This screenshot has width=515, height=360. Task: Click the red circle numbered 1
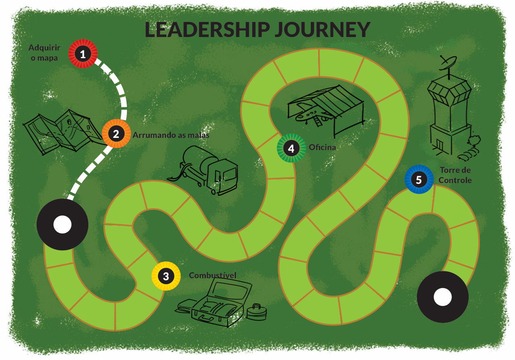click(83, 54)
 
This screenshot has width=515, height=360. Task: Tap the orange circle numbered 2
click(116, 133)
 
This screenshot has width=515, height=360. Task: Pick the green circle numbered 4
click(291, 148)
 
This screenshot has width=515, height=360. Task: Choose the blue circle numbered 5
click(419, 179)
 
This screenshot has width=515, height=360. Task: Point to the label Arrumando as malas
click(171, 135)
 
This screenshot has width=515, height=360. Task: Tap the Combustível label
click(212, 275)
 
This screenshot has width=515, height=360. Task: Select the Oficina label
click(322, 147)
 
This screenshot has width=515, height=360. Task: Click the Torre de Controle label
click(456, 175)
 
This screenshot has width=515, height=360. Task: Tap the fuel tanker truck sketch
click(205, 169)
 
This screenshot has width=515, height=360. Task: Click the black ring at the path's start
click(62, 225)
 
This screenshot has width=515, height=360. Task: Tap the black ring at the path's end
click(443, 297)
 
